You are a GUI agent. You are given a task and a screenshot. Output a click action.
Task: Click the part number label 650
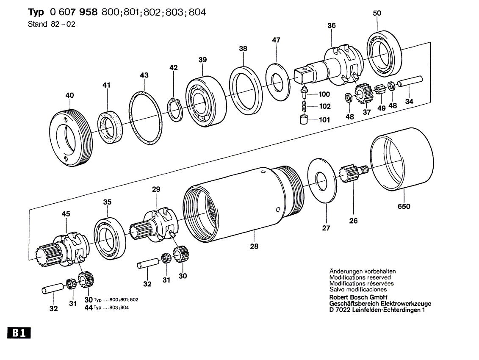click(x=404, y=207)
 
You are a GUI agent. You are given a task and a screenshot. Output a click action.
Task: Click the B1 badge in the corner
click(x=17, y=334)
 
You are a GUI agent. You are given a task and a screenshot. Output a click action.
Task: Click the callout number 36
click(x=331, y=26)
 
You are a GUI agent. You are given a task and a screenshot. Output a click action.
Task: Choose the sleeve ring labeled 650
click(x=402, y=159)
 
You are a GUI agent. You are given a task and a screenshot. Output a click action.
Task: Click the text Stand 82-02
click(x=51, y=24)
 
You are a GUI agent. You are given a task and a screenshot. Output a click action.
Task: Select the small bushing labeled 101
click(x=302, y=119)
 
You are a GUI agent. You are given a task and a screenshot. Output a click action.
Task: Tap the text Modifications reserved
click(x=360, y=277)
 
